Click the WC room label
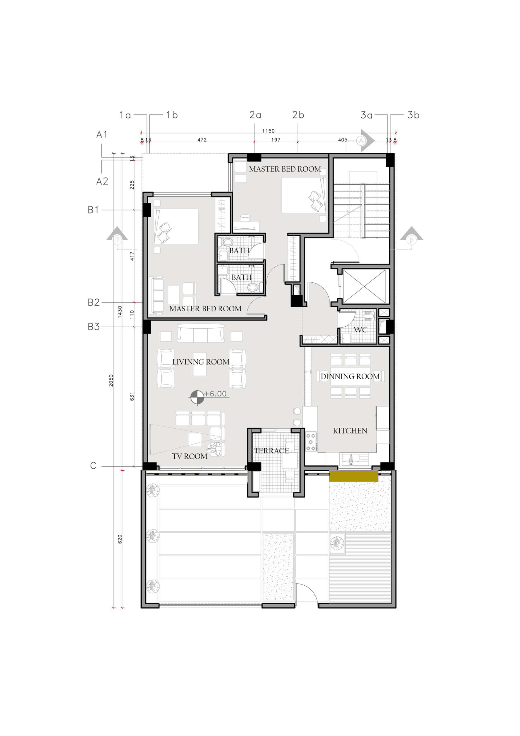(x=361, y=330)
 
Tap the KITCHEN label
(x=350, y=431)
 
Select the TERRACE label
(x=271, y=451)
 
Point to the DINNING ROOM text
(x=350, y=376)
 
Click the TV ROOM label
(x=190, y=456)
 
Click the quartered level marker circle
(x=197, y=398)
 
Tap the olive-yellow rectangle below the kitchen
(x=354, y=476)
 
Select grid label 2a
(x=255, y=115)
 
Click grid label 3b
(x=413, y=115)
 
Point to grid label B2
(x=94, y=302)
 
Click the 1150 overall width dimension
(x=268, y=131)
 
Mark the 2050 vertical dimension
(x=111, y=380)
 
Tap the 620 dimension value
(x=120, y=539)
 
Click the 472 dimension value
(x=202, y=140)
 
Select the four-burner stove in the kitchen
(x=311, y=442)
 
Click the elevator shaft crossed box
(x=364, y=286)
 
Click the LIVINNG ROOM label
(x=201, y=362)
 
